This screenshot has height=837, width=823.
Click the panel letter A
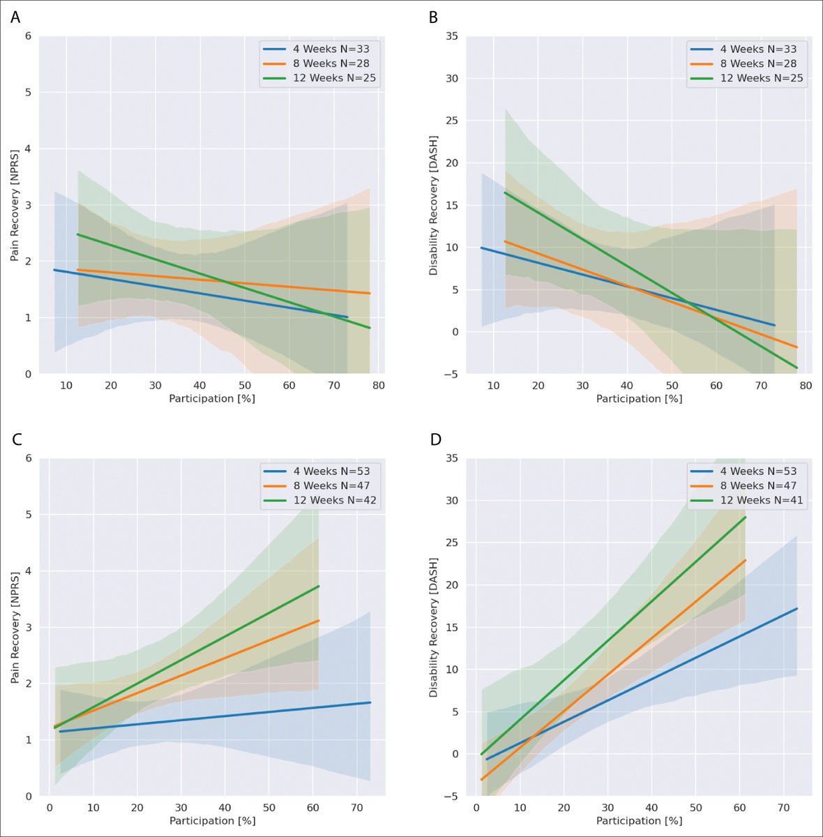[x=15, y=17]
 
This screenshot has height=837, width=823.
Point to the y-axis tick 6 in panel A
[x=29, y=36]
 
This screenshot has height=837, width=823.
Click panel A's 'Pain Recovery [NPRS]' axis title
[x=15, y=205]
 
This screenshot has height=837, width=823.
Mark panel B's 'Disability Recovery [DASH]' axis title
[x=434, y=205]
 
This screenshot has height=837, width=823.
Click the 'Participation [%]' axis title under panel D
[x=639, y=821]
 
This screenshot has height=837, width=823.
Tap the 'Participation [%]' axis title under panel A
[x=212, y=399]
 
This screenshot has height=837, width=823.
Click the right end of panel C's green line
[x=319, y=586]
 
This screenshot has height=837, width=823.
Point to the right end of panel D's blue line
[x=796, y=608]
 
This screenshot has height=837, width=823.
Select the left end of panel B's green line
[x=504, y=193]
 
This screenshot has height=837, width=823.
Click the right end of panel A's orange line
[x=370, y=293]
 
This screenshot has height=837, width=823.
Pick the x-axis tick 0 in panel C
[x=49, y=808]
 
